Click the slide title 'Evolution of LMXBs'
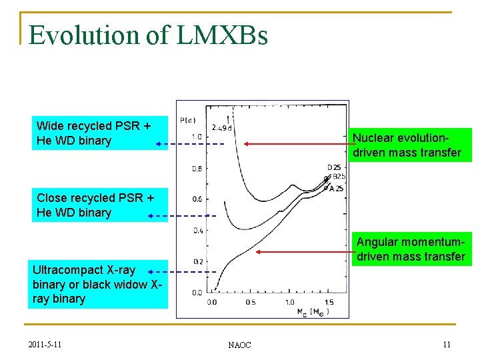[x=149, y=35]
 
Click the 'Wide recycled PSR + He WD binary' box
[x=100, y=133]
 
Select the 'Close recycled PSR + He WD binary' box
[x=100, y=205]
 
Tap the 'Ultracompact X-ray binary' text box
[x=100, y=285]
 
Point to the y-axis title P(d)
[x=187, y=120]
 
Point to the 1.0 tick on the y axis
[x=197, y=137]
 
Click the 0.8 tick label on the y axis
[x=197, y=169]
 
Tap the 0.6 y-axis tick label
[x=197, y=199]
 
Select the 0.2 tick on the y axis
[x=197, y=261]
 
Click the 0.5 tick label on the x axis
[x=250, y=302]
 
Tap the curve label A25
[x=337, y=189]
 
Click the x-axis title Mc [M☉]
[x=307, y=311]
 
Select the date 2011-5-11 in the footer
[x=47, y=344]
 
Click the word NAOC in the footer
[x=239, y=345]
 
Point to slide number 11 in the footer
[x=446, y=344]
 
